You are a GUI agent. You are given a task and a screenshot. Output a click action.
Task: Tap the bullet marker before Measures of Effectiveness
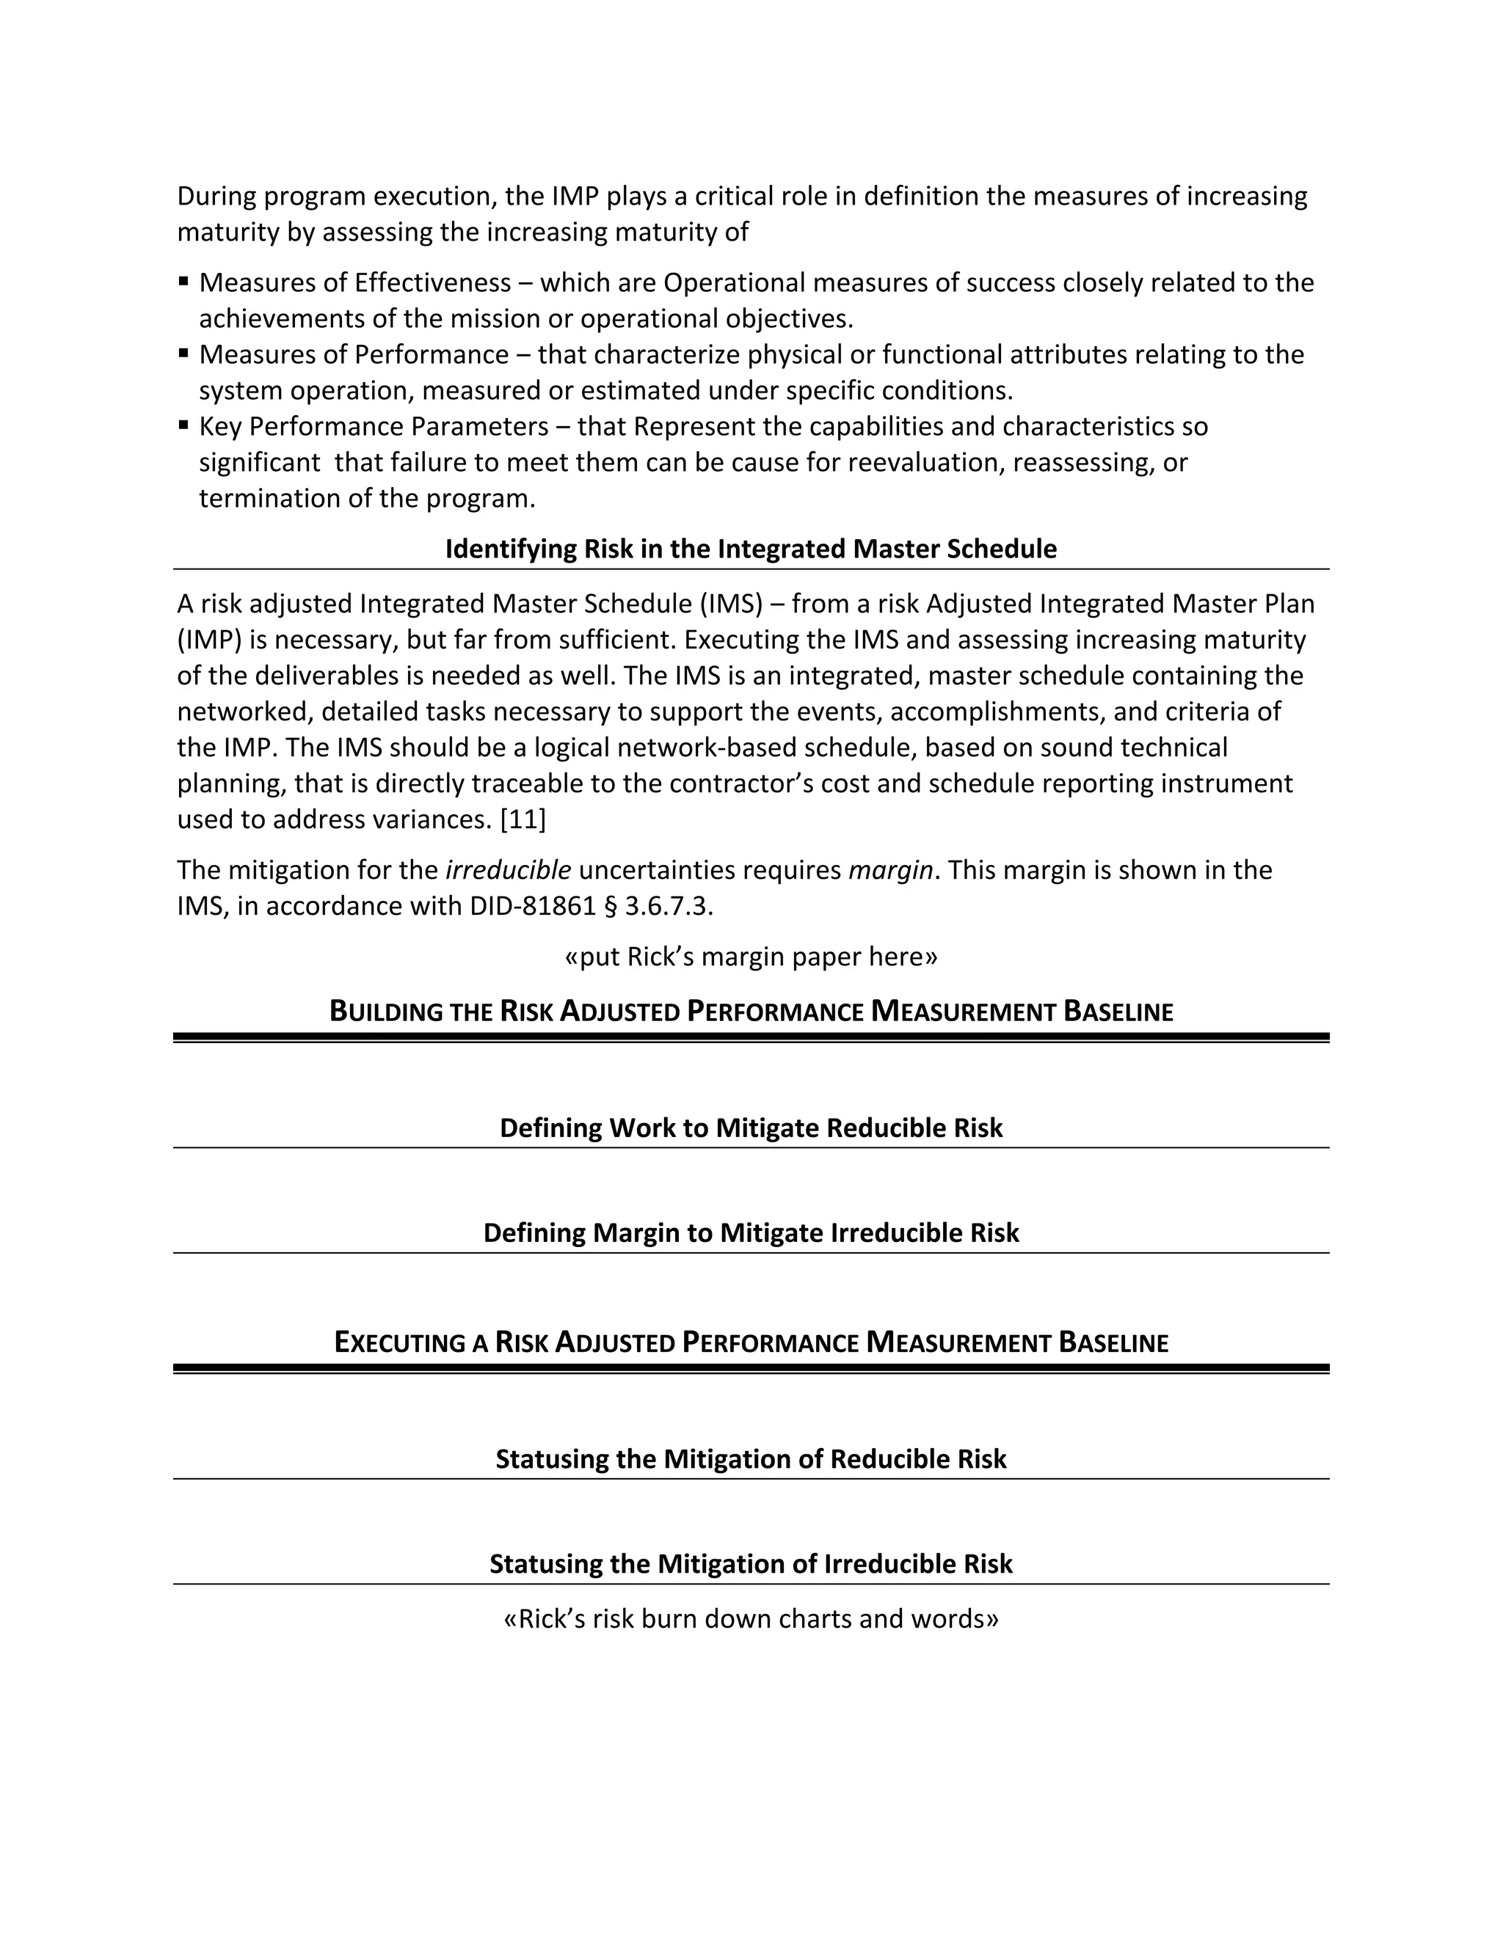point(183,281)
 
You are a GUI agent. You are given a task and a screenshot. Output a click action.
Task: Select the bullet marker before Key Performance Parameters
point(183,425)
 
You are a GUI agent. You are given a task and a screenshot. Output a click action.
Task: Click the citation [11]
point(523,819)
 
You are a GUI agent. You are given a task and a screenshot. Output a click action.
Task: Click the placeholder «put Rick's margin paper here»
point(751,957)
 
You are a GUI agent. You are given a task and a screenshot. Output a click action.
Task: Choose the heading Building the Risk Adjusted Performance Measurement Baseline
point(751,1011)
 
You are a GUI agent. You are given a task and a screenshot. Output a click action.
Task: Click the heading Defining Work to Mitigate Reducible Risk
point(751,1128)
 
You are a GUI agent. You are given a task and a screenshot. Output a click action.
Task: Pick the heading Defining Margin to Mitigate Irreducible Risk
point(751,1233)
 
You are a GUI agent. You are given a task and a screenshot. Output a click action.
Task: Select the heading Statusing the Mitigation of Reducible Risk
point(751,1459)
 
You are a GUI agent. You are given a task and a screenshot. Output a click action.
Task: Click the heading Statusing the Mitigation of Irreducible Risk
point(751,1564)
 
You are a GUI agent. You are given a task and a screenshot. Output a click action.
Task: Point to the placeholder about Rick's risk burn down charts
point(751,1618)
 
